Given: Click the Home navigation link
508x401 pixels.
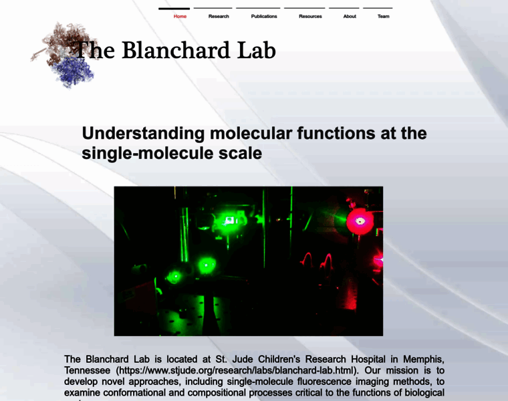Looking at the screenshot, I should [x=180, y=16].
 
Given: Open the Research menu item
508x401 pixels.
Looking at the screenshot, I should [x=219, y=16].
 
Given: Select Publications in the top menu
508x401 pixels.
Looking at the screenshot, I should [x=264, y=16].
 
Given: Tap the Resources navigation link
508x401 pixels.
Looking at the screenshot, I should [x=310, y=16].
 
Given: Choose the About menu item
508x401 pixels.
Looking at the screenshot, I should [x=350, y=16].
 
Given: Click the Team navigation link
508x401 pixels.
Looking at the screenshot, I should [x=383, y=16].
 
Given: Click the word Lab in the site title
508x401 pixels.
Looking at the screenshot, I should [x=256, y=50].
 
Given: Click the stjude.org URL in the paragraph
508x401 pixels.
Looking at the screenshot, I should [x=238, y=370].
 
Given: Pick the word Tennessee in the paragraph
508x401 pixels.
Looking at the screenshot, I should [x=88, y=370].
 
